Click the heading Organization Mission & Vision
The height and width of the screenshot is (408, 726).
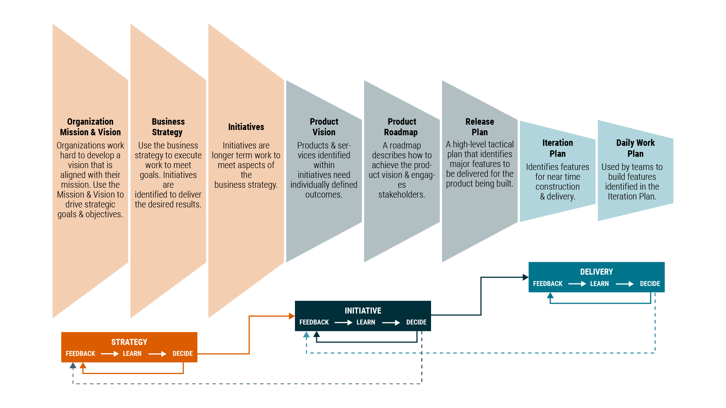[x=90, y=127]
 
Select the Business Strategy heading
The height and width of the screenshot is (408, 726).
[x=168, y=127]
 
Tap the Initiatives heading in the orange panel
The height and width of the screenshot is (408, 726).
[x=246, y=127]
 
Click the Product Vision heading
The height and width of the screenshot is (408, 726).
[x=324, y=127]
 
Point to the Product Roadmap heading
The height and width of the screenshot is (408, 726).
[x=402, y=127]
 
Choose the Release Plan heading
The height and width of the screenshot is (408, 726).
[x=479, y=127]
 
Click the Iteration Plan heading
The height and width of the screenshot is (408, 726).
[x=558, y=148]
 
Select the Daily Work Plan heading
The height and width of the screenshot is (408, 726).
[x=635, y=148]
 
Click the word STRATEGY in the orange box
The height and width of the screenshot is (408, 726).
[x=129, y=342]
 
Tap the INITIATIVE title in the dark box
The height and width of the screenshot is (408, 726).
[x=363, y=311]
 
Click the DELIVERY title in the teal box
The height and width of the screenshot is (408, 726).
[x=596, y=272]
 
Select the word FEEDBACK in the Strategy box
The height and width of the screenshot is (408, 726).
[x=81, y=354]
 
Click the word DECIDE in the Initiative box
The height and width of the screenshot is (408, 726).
[x=416, y=323]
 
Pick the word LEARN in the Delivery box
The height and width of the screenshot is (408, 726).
[x=599, y=284]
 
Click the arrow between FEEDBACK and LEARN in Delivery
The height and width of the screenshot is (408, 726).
[x=577, y=284]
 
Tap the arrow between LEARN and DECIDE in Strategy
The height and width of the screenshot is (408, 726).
[x=157, y=354]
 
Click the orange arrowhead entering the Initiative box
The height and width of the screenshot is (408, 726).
[x=292, y=316]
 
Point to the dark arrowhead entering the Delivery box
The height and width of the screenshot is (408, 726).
[x=525, y=277]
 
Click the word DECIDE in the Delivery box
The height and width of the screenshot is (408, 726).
[x=650, y=284]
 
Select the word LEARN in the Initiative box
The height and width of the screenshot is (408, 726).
[x=366, y=323]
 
